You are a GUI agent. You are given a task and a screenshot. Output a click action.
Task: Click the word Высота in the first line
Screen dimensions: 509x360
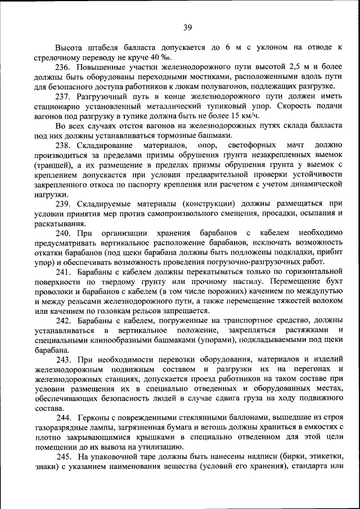pos(68,48)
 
